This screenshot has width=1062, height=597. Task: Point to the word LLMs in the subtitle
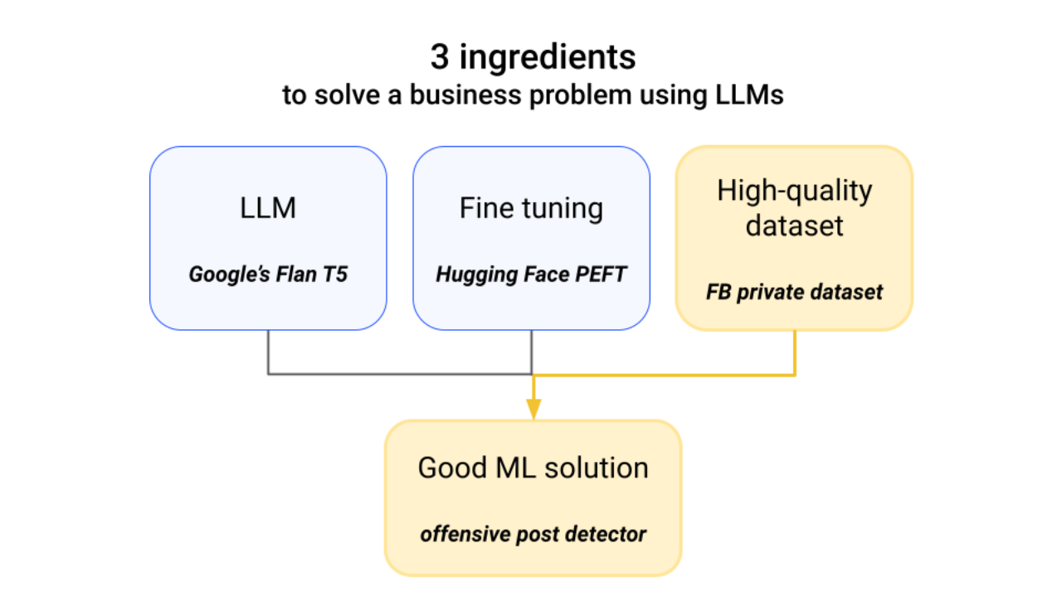(748, 95)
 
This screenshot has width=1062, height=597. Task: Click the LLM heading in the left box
(267, 208)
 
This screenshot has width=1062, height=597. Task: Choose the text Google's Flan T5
(267, 274)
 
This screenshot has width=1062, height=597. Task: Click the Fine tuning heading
(531, 208)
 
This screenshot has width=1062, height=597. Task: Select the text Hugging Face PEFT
(531, 274)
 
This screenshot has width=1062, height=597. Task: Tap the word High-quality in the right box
(794, 191)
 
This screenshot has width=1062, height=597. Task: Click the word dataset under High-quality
(794, 226)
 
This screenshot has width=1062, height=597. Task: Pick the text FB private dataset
(794, 292)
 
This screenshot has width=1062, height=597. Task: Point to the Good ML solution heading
(533, 468)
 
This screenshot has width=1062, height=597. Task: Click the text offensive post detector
(533, 534)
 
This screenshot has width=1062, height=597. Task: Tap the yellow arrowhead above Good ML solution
(533, 409)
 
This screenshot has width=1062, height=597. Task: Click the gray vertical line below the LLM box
(268, 352)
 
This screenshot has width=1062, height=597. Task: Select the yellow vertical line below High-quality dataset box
(795, 352)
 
